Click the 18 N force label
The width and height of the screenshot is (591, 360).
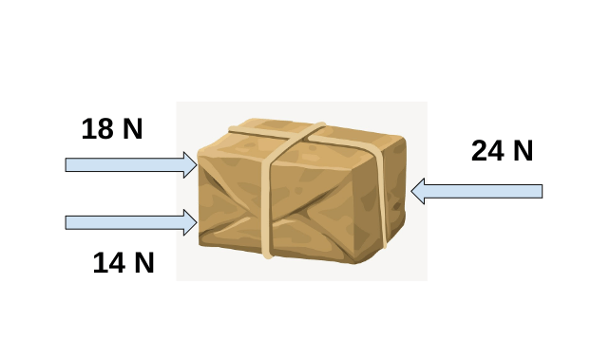point(112,129)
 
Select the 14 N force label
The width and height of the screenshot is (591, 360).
point(124,263)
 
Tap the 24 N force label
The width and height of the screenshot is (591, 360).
point(502,151)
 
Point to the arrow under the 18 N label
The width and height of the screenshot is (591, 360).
point(131,165)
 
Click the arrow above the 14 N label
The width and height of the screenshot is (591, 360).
point(131,222)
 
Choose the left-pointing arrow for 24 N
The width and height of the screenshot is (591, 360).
point(477,191)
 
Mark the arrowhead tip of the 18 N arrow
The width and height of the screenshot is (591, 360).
point(197,165)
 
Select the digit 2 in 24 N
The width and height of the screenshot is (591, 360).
point(480,151)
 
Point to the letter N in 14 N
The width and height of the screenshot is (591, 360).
point(144,263)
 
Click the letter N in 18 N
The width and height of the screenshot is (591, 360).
point(133,129)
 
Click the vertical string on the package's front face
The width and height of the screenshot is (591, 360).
point(266,207)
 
